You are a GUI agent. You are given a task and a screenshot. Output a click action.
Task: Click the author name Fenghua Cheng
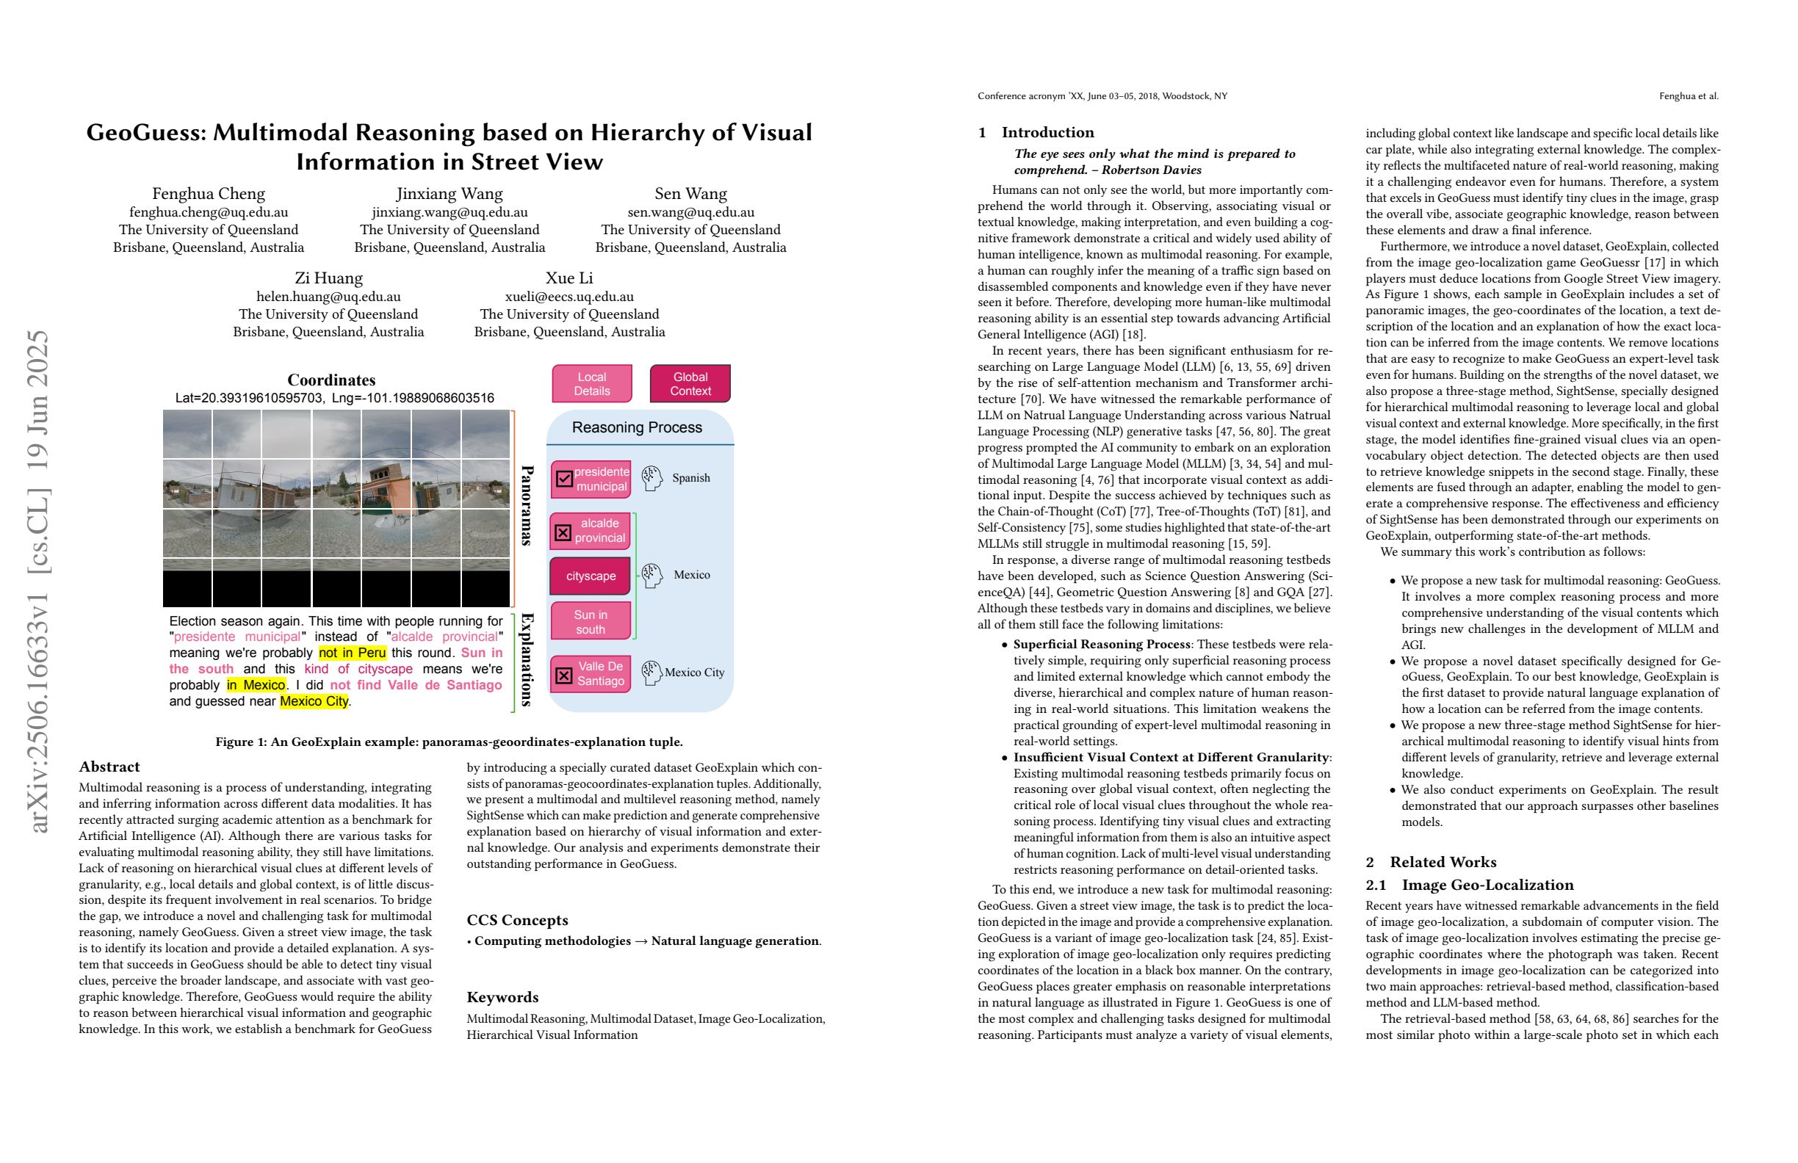209,193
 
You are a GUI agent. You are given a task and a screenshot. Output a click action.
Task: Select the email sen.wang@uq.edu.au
690,212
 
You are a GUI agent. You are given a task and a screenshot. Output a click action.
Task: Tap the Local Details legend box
591,384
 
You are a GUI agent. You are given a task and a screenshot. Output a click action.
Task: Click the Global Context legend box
690,384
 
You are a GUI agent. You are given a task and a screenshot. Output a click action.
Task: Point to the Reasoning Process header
637,427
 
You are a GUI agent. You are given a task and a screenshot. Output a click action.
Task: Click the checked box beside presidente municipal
563,479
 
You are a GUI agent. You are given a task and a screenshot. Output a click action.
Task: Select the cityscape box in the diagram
590,576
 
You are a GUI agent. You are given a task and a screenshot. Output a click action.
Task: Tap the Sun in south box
590,622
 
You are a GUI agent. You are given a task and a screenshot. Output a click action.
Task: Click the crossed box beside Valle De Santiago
563,675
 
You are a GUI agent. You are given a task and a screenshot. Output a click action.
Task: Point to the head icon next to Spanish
651,477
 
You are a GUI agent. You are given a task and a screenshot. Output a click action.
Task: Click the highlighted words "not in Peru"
352,653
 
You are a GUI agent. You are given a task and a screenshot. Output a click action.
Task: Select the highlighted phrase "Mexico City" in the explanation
314,701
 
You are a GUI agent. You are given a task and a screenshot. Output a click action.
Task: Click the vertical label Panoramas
527,505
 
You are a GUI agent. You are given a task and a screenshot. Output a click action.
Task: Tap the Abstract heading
109,767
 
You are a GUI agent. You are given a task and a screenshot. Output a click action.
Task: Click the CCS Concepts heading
518,920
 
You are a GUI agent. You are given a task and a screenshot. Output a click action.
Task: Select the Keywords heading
502,997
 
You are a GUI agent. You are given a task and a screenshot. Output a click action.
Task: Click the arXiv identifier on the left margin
39,581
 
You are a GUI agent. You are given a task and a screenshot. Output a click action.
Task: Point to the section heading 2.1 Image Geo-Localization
1470,885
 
